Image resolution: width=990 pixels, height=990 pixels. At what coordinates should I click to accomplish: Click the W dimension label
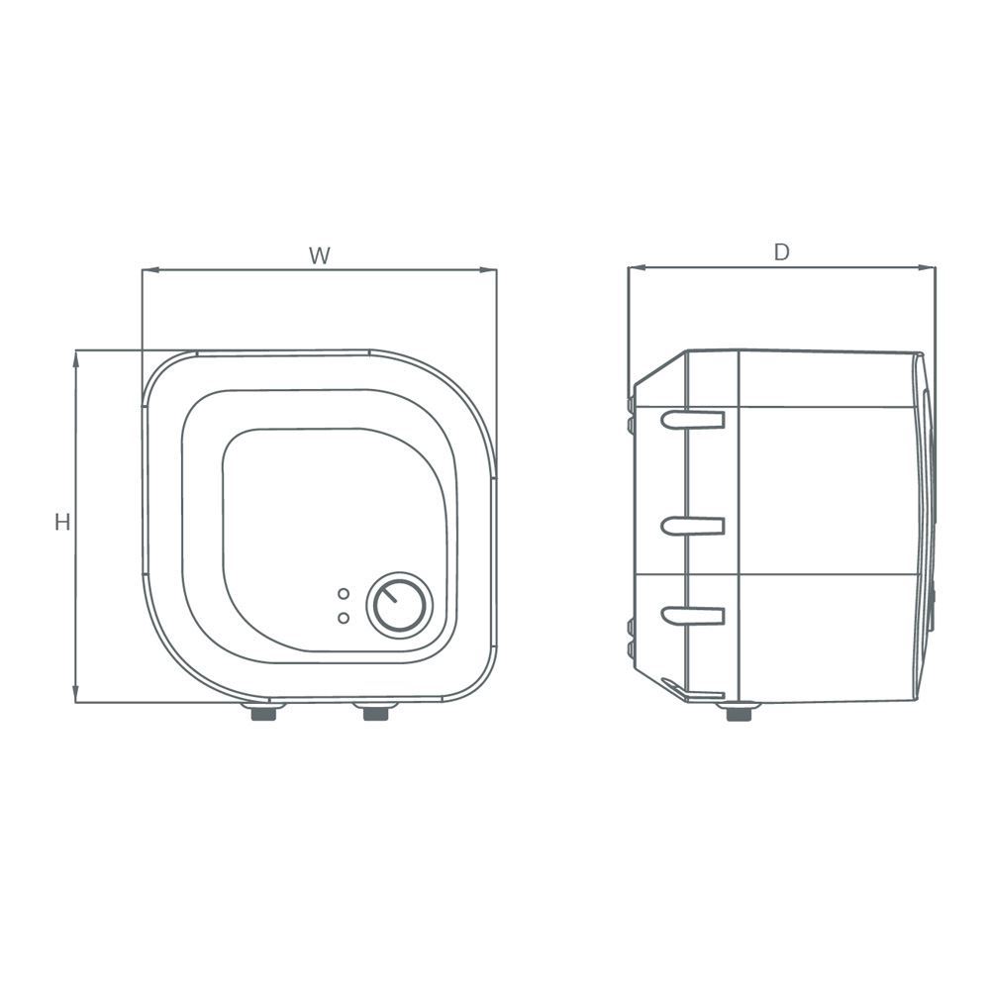tap(319, 255)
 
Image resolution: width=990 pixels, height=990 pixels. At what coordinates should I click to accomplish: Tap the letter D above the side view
tap(781, 252)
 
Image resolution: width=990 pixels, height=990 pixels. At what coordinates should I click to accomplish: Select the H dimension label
tap(62, 523)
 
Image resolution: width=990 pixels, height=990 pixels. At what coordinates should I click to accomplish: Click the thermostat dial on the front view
tap(400, 605)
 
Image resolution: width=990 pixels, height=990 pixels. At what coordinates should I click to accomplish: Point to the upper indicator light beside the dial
tap(344, 594)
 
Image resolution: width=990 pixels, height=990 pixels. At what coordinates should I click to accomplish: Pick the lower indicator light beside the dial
tap(344, 618)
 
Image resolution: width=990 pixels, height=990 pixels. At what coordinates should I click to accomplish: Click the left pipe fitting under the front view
tap(263, 712)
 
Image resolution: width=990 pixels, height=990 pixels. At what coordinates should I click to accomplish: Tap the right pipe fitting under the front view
tap(376, 712)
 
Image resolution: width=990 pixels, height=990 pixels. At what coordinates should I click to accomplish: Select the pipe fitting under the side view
tap(740, 712)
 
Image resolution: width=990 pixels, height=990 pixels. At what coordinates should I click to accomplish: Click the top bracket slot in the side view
tap(693, 420)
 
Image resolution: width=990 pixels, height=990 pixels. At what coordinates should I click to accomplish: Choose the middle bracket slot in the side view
tap(693, 526)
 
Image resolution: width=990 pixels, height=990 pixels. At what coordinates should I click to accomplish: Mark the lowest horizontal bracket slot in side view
tap(693, 616)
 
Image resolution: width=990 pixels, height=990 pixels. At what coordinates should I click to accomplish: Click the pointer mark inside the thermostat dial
tap(392, 597)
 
